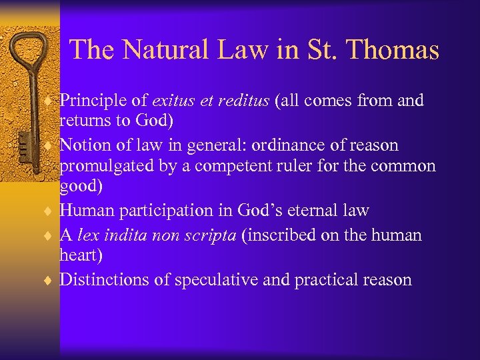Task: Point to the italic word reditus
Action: [x=241, y=101]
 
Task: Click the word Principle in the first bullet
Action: [x=93, y=101]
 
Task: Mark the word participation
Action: [x=166, y=211]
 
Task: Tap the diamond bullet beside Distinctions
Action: [x=51, y=281]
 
